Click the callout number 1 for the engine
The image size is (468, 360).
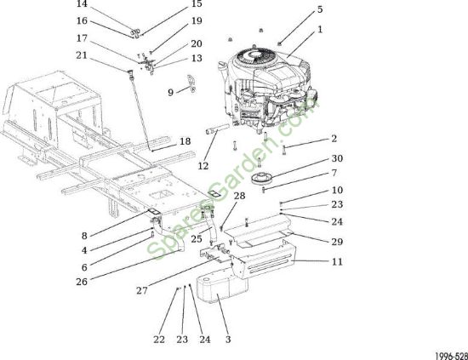320,30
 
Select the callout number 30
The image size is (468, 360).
337,158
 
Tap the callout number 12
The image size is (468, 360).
203,166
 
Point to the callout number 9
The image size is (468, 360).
170,92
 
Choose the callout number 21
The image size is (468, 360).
82,55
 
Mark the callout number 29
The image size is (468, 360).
337,242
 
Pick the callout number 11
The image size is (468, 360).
337,262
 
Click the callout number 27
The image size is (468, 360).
142,290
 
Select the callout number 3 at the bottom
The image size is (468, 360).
228,340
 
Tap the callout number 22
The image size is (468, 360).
159,340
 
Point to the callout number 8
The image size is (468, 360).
84,236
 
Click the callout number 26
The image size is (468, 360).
82,282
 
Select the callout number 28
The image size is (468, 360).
239,196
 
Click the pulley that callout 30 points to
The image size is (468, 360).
261,179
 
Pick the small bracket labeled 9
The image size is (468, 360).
191,83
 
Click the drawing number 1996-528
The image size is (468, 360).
451,356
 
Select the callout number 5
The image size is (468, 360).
320,9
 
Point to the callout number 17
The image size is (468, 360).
82,38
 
